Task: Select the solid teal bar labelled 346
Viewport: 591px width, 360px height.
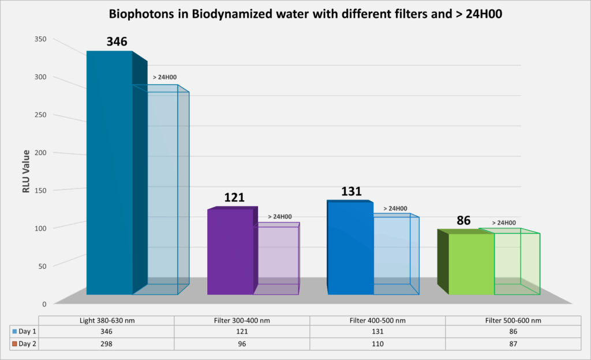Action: (x=109, y=173)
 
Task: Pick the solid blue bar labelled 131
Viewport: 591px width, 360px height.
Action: (x=350, y=248)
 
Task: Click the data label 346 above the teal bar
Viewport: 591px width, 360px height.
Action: (x=117, y=42)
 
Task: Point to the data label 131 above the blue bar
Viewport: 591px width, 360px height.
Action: (x=351, y=192)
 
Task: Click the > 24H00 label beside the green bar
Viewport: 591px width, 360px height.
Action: (x=504, y=223)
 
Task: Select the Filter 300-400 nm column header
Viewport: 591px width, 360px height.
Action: (x=242, y=321)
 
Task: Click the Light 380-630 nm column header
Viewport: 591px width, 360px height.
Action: (x=106, y=321)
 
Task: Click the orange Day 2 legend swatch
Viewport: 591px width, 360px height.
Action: (x=14, y=344)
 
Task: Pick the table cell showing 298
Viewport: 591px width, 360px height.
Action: (x=106, y=344)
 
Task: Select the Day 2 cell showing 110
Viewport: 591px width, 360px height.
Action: (x=377, y=344)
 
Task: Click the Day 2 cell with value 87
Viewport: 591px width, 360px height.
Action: (x=513, y=344)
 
